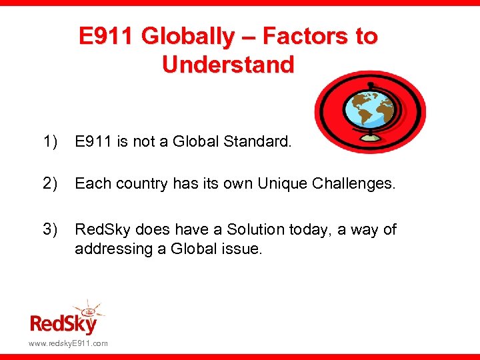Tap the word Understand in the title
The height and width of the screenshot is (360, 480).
point(227,65)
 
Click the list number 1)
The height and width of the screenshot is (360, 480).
point(51,141)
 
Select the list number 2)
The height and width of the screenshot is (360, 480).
point(51,183)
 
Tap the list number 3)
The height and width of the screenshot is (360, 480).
point(51,229)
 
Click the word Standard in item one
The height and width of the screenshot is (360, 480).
point(259,141)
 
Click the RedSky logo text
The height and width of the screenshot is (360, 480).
point(63,324)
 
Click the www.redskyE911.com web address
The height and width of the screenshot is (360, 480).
point(68,343)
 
